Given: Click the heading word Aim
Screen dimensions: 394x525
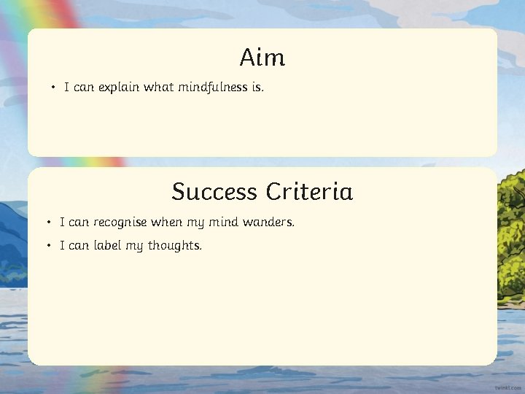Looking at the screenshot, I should [262, 57].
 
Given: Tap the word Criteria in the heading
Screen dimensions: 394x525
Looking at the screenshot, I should [309, 192].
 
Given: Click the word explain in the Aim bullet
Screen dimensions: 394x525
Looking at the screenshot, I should [119, 88].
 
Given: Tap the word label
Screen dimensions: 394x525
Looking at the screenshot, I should [105, 246].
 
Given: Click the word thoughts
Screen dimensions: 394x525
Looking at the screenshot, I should [175, 246].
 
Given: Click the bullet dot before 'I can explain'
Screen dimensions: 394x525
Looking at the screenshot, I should [53, 88].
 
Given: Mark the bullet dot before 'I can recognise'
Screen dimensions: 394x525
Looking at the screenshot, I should [48, 222].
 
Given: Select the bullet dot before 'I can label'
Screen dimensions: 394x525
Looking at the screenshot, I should [48, 246].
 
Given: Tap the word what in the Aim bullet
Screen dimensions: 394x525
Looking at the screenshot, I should [158, 88].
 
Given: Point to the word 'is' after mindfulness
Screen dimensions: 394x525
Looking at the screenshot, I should [257, 88].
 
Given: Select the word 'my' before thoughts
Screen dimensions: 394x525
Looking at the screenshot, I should [134, 247].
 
